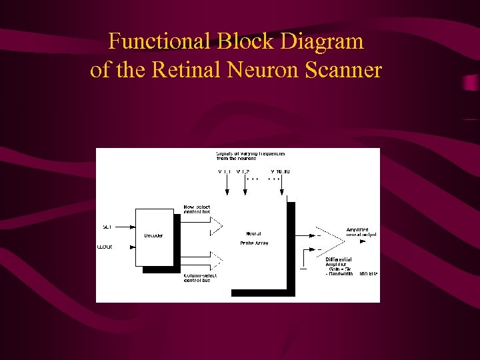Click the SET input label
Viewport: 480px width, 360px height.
point(107,227)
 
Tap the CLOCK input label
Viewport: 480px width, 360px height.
point(105,247)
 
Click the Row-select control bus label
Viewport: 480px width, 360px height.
point(197,209)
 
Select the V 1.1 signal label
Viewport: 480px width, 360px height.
point(225,172)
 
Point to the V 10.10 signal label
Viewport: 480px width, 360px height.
point(280,172)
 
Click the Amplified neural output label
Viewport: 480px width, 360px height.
point(361,232)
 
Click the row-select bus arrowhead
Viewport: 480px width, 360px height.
point(216,227)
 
